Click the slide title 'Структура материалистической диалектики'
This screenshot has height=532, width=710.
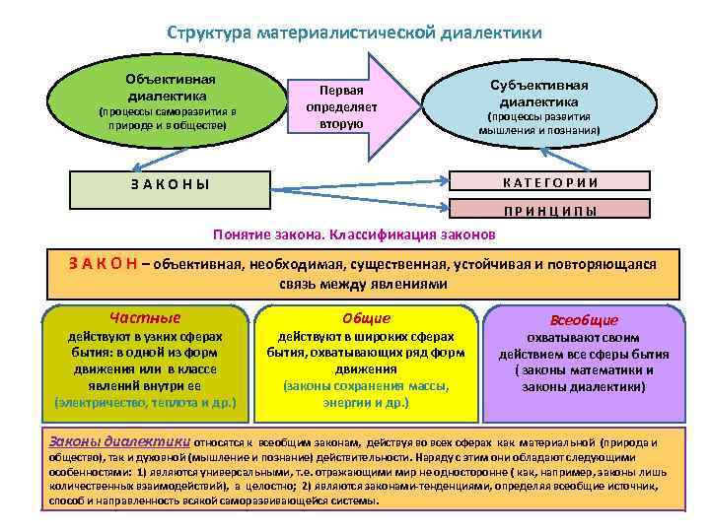point(354,33)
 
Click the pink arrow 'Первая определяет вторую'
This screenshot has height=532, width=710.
point(341,106)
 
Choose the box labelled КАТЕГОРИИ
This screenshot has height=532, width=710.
point(550,181)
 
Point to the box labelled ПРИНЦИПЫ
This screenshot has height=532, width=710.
point(550,210)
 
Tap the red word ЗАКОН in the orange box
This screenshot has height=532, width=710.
point(103,263)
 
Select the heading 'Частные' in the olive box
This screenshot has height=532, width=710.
point(144,318)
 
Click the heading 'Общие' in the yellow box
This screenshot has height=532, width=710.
point(366,318)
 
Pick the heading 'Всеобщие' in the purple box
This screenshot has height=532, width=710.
point(585,320)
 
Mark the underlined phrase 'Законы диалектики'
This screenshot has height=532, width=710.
point(121,442)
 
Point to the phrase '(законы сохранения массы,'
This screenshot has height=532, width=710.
point(366,386)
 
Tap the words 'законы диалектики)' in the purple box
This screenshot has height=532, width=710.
point(584,387)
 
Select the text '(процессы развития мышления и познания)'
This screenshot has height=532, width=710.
point(538,122)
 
